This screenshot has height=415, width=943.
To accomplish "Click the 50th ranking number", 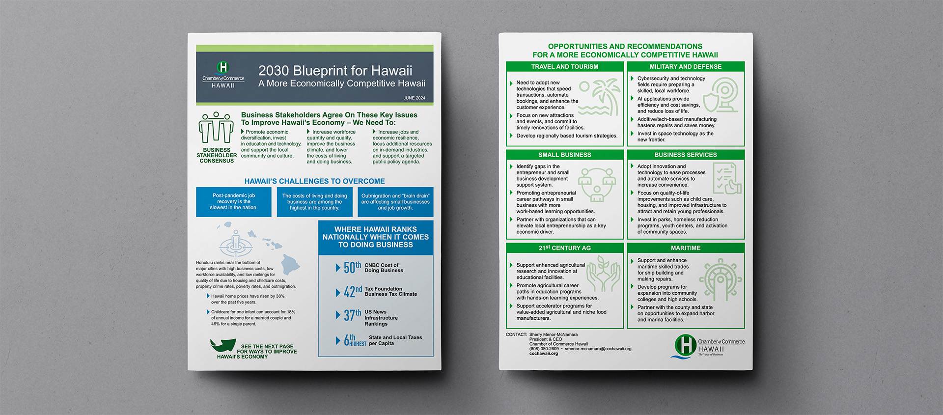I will click(352, 268).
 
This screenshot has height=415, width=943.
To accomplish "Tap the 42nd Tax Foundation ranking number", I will click(353, 292).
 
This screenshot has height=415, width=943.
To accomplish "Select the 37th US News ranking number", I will click(352, 315).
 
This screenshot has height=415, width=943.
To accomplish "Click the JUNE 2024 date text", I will click(414, 98).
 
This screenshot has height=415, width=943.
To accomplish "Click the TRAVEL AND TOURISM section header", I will click(564, 67).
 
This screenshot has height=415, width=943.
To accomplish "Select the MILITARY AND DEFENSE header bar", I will click(685, 67).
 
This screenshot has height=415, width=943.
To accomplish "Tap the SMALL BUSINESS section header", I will click(564, 155).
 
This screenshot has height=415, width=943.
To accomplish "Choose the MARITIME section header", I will click(685, 248).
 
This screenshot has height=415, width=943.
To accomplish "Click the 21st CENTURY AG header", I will click(564, 248).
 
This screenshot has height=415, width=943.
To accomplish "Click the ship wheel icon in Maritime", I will click(720, 279).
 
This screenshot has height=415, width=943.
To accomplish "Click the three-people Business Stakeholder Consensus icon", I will click(216, 128).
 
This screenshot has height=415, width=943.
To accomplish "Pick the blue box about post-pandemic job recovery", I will click(233, 202).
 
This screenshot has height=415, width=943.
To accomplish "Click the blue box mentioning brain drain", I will click(395, 202).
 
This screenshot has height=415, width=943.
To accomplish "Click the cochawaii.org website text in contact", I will click(543, 354).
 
